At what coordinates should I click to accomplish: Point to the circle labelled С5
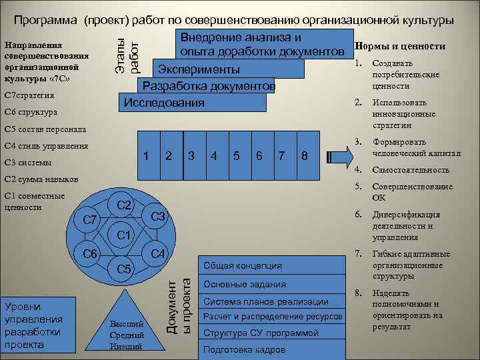(x=125, y=269)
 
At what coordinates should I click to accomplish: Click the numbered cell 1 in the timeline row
(x=145, y=155)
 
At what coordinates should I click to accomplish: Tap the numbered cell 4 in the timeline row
(x=213, y=155)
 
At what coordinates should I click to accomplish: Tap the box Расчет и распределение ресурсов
(x=273, y=316)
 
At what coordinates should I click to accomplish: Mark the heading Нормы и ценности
(x=401, y=47)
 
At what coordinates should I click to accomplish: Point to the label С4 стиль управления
(x=46, y=145)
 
